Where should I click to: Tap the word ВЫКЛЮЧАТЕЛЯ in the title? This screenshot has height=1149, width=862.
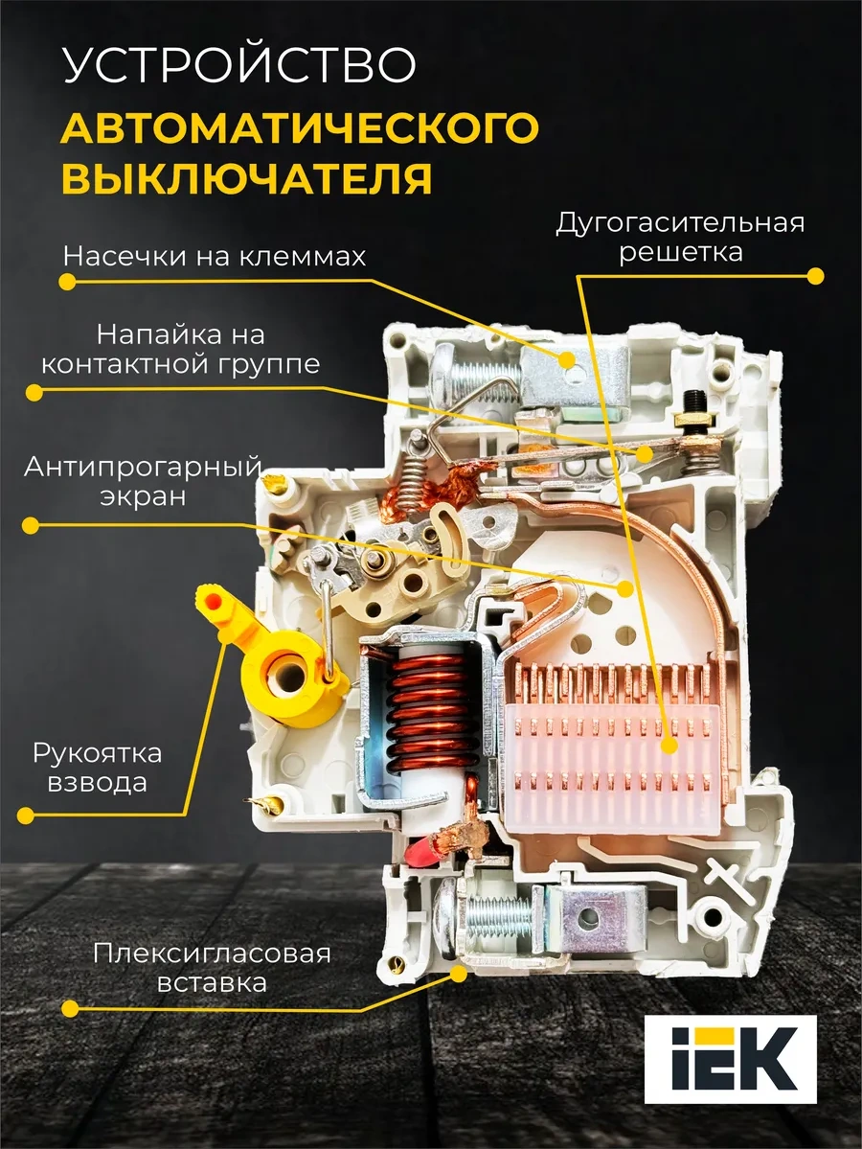(246, 176)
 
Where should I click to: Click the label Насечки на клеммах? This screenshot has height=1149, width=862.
(214, 257)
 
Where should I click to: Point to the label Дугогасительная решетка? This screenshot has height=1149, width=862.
(680, 236)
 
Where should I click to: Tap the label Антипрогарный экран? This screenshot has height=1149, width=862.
(143, 481)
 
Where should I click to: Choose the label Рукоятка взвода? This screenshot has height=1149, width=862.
(98, 767)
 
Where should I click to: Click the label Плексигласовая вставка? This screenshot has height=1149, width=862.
(212, 967)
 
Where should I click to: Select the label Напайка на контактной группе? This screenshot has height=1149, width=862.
(180, 349)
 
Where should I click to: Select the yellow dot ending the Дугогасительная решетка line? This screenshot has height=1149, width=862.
(815, 276)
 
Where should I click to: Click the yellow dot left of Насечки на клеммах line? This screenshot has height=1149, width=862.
(67, 282)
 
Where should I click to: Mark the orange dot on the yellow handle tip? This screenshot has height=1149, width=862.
(213, 601)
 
